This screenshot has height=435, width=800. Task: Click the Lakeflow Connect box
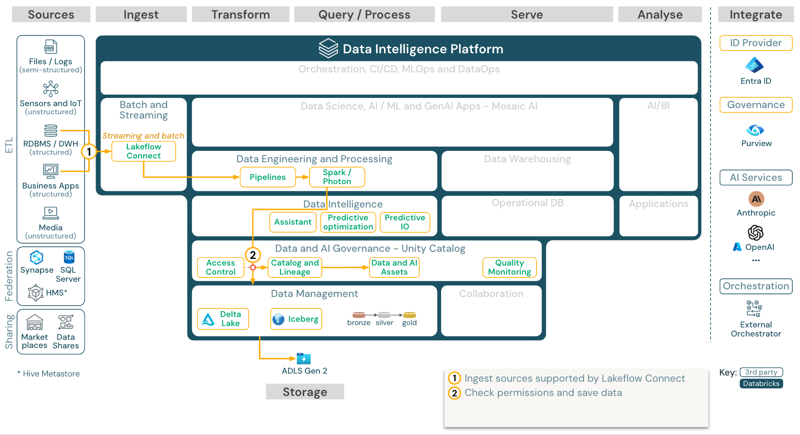[x=144, y=151]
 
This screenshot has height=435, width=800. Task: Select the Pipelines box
[x=268, y=177]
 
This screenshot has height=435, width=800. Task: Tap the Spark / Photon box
[x=337, y=177]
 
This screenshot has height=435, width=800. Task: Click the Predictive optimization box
[x=348, y=222]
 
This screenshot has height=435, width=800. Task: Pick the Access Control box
[x=221, y=267]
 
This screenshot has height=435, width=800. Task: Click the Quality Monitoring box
[x=510, y=267]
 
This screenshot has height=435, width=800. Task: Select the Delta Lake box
[x=223, y=319]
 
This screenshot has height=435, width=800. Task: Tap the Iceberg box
[x=296, y=319]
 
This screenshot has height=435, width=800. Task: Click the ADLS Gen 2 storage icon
[x=303, y=358]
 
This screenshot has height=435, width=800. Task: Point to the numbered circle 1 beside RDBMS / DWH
[x=89, y=152]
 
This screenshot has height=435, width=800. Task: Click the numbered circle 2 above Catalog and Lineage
[x=253, y=255]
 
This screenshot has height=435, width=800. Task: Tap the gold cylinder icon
[x=409, y=315]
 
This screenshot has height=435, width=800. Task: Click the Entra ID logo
[x=754, y=65]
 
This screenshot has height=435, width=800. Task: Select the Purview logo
[x=755, y=130]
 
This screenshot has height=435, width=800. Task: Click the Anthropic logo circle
[x=756, y=199]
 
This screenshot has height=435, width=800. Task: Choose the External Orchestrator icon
[x=754, y=308]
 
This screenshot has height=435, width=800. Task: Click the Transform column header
[x=241, y=15]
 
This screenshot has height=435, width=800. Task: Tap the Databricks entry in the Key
[x=761, y=384]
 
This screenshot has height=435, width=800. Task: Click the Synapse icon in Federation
[x=37, y=257]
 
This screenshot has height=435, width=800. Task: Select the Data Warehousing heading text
[x=527, y=159]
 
